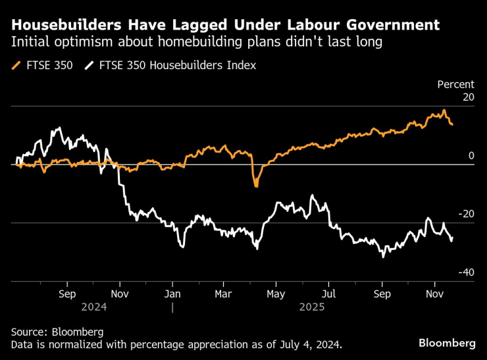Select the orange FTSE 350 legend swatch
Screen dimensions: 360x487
[16, 65]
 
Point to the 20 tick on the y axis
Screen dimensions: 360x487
[468, 97]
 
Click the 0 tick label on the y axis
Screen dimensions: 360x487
[471, 155]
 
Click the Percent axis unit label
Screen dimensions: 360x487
[455, 84]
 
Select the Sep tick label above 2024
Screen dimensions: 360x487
[67, 294]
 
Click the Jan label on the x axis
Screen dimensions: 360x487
[172, 294]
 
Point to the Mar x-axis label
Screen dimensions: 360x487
[224, 294]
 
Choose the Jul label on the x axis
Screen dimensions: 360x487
[329, 294]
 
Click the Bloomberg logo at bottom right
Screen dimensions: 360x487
[447, 343]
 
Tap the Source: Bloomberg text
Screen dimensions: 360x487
[57, 332]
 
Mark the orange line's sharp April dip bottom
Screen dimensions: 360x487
[256, 186]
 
